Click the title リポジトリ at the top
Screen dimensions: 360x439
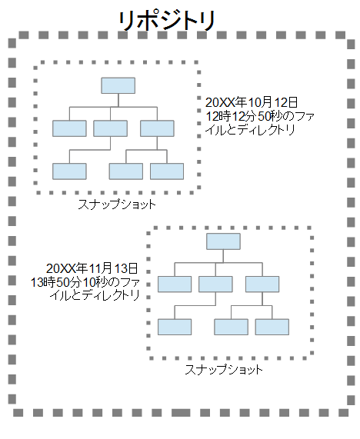pos(167,21)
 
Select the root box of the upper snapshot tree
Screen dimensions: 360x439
pos(118,85)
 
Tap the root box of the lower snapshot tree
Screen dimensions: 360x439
pos(223,241)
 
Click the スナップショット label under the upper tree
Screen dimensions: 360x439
pos(117,205)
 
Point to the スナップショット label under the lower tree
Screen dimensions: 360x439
pos(224,370)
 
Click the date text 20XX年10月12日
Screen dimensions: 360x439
pos(252,102)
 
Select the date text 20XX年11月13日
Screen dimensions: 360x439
pos(92,268)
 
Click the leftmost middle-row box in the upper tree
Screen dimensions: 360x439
pos(69,128)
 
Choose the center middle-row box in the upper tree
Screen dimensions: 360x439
pos(110,128)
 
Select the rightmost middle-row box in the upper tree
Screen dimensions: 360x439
pos(157,128)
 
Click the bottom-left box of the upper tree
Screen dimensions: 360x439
pos(69,171)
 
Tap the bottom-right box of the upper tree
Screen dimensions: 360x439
pos(167,171)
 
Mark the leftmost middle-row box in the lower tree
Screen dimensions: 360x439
pos(175,284)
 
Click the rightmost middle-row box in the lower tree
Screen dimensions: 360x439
pos(262,284)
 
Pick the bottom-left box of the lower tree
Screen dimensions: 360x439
pos(175,327)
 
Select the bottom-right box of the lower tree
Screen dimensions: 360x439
pos(272,327)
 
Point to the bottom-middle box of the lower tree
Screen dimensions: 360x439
pos(231,327)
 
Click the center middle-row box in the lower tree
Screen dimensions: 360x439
pos(215,284)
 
